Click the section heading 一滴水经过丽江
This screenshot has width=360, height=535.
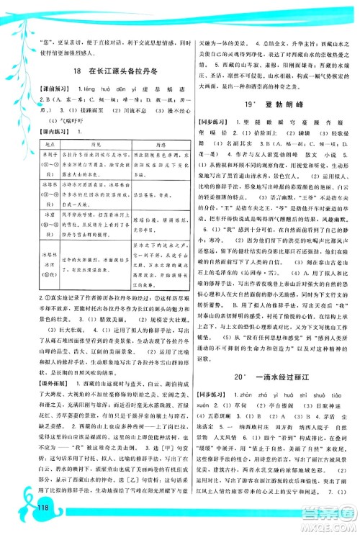click(x=277, y=395)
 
